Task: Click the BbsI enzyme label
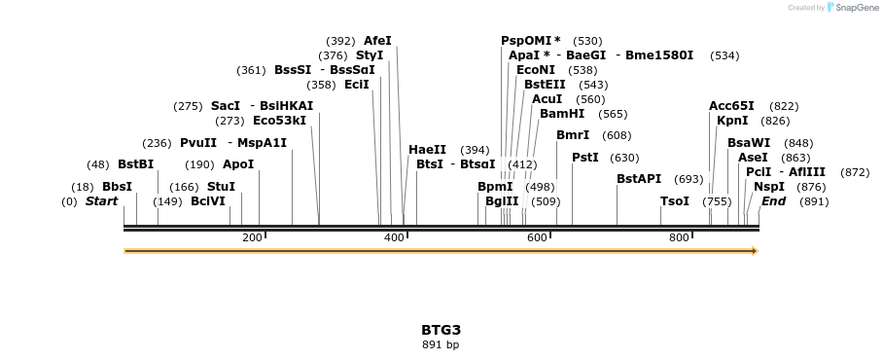pos(117,187)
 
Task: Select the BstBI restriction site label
pos(135,164)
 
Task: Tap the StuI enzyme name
pos(221,187)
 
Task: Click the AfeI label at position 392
pos(377,41)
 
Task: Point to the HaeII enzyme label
pos(427,150)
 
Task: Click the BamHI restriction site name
pos(562,114)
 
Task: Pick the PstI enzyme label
pos(584,158)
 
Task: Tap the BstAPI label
pos(639,179)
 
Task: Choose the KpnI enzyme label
pos(732,121)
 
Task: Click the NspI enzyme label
pos(768,187)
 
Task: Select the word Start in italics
pos(101,201)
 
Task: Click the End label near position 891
pos(773,201)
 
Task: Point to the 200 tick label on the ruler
pos(252,237)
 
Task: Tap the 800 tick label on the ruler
pos(678,237)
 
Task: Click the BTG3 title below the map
pos(441,330)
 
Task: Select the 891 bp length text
pos(441,344)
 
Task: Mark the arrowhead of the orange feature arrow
pos(753,251)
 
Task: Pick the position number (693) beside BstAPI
pos(688,179)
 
